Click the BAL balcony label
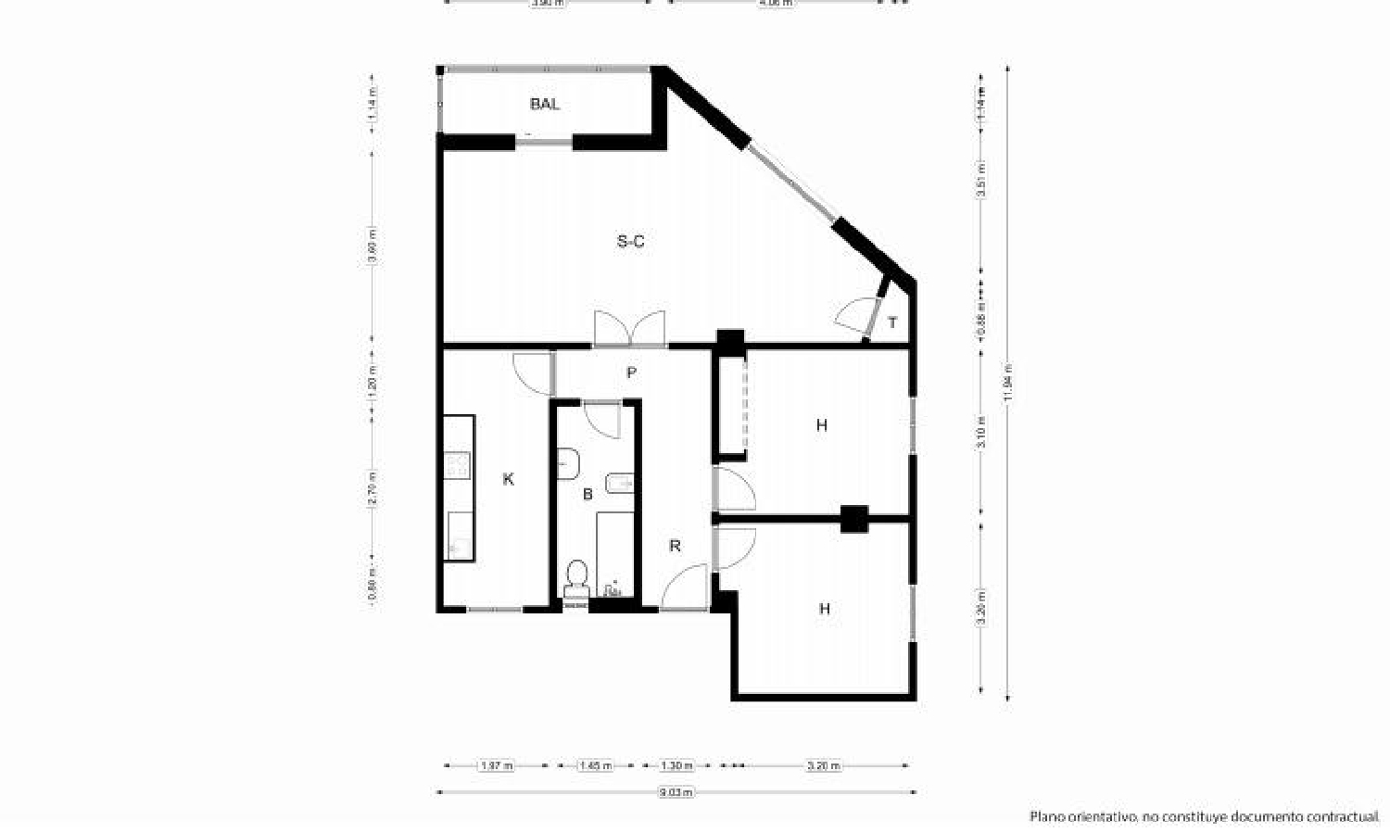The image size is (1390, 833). click(545, 104)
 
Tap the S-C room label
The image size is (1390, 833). click(631, 242)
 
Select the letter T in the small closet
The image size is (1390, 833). click(892, 323)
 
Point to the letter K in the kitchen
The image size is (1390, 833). click(508, 479)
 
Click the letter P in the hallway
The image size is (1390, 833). click(631, 372)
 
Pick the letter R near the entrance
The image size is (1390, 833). click(675, 546)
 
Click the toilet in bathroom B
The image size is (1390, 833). click(576, 577)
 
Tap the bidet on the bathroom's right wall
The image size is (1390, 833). click(619, 483)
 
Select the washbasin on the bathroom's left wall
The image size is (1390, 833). click(567, 462)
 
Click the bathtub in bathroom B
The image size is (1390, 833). click(614, 554)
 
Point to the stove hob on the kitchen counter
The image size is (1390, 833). click(458, 464)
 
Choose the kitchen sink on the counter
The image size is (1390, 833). click(458, 536)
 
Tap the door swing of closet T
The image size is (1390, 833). click(856, 316)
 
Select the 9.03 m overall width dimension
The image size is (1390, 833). click(676, 792)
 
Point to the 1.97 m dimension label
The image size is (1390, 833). click(496, 766)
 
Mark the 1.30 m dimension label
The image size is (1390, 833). click(676, 766)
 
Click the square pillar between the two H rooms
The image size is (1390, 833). click(853, 518)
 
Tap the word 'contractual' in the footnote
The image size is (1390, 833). click(1344, 816)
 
